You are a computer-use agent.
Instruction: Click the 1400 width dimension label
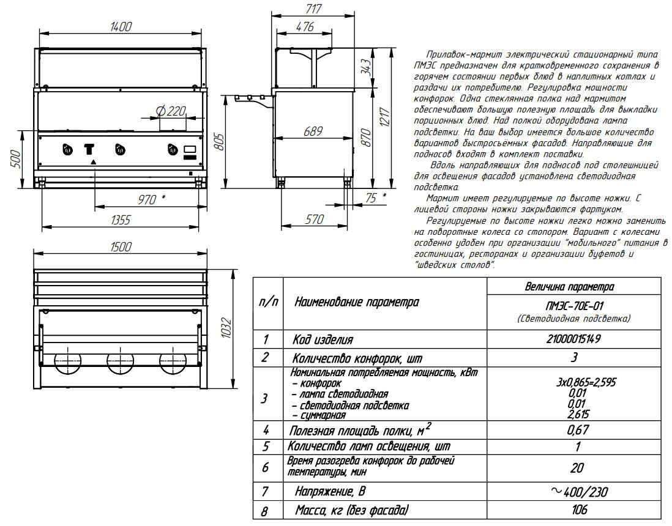tap(122, 26)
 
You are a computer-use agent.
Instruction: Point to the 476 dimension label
tap(304, 26)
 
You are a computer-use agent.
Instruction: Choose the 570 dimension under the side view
tap(314, 220)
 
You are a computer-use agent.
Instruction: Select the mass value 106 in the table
tap(573, 509)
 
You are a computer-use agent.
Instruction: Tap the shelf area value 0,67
tap(573, 430)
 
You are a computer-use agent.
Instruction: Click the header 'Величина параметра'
tap(573, 286)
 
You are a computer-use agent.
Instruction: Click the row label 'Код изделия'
tap(323, 340)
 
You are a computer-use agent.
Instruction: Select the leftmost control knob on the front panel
tap(66, 150)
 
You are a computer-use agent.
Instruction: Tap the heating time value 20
tap(573, 468)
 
